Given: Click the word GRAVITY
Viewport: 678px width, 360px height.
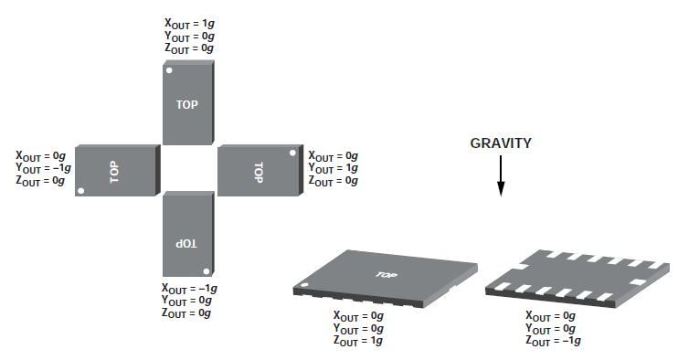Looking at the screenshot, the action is pos(501,143).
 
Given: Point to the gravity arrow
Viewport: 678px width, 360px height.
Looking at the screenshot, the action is pos(501,176).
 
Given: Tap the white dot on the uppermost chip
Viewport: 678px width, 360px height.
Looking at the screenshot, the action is pos(170,70).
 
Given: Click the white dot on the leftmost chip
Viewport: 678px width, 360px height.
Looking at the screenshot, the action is pos(80,191).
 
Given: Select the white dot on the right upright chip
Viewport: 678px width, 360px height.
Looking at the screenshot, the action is pos(292,153).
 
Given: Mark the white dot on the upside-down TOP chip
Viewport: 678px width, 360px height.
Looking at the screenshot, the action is pos(207,271).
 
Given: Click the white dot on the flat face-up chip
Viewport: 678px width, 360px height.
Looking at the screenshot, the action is pos(304,285).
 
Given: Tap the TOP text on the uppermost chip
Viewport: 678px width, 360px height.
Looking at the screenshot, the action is pos(186,104).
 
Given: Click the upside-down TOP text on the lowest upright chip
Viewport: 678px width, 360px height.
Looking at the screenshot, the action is pos(186,244).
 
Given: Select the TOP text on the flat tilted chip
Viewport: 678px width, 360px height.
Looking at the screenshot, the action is pos(387,274).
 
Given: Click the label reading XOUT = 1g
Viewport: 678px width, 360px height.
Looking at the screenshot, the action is pos(189,24).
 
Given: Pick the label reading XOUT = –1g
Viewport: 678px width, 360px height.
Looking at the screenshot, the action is pos(189,288).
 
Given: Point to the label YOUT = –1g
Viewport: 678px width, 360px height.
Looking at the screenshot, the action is pos(43,168).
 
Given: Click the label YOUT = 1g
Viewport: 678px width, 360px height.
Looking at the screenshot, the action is pos(333,168).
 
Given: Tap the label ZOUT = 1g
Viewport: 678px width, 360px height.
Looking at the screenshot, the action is pos(358,341).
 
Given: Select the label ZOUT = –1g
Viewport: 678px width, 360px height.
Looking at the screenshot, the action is pos(553,341).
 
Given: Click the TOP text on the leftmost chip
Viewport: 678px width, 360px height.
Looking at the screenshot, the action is pos(113,172).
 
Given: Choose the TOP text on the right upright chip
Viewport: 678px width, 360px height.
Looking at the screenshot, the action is pos(259,173).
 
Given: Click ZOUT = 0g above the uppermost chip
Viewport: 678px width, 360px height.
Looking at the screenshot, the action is pos(189,48).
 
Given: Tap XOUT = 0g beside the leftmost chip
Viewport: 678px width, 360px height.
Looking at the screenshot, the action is pos(40,155).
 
